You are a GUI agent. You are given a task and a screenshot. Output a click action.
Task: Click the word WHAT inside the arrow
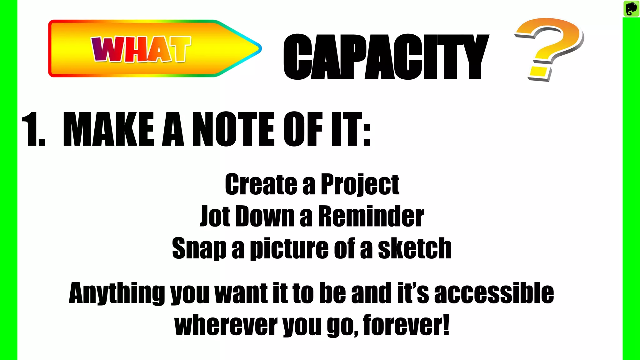click(x=141, y=49)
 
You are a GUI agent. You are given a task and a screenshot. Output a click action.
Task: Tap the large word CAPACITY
click(x=386, y=57)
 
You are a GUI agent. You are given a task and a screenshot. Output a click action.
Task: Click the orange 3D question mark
click(x=549, y=48)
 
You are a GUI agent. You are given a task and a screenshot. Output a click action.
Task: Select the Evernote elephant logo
click(x=631, y=8)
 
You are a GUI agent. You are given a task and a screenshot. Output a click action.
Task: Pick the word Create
click(x=261, y=184)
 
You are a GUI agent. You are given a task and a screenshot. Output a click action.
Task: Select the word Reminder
click(x=371, y=216)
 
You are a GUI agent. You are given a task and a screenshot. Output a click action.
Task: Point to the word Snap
click(x=199, y=248)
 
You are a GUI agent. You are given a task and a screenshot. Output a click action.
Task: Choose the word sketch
click(x=415, y=248)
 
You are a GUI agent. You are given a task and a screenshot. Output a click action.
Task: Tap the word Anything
click(x=117, y=294)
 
